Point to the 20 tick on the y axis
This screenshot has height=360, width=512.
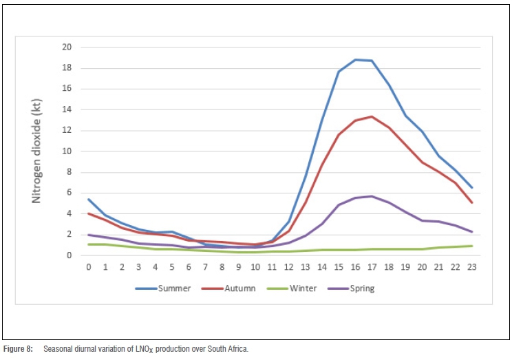click(67, 47)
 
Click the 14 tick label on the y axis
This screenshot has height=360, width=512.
click(67, 109)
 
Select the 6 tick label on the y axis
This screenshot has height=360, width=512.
click(69, 193)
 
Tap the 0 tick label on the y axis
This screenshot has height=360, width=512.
click(69, 255)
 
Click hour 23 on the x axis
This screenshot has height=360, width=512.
click(472, 267)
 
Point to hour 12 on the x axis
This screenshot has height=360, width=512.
click(288, 267)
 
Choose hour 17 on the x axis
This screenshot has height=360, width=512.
click(372, 267)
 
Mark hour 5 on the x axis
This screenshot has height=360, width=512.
click(172, 267)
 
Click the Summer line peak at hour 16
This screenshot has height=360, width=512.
click(355, 59)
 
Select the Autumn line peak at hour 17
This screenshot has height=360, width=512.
click(372, 116)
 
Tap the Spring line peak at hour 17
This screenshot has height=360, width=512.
click(372, 196)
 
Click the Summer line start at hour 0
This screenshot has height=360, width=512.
click(89, 199)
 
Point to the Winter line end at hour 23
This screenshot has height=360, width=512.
click(472, 246)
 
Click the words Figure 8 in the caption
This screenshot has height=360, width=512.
click(18, 349)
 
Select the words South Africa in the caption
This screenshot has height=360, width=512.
click(228, 349)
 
